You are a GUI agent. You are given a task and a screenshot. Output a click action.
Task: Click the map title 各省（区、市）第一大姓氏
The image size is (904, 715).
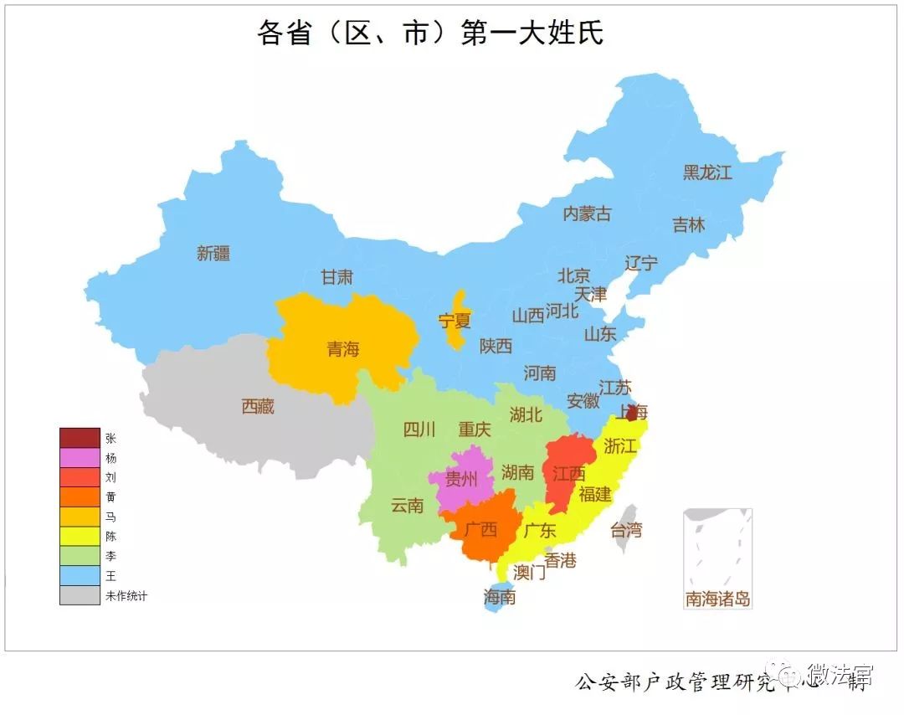[x=429, y=33]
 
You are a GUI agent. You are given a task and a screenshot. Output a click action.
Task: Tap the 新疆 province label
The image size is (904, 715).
[x=213, y=253]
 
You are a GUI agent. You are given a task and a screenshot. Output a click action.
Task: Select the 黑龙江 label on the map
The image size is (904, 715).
[x=707, y=172]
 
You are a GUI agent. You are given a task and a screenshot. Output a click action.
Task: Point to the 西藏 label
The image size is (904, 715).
[x=258, y=407]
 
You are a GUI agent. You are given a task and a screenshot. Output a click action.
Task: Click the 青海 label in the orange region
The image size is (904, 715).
[x=343, y=348]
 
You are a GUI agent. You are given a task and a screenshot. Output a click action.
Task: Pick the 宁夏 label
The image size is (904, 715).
[x=455, y=320]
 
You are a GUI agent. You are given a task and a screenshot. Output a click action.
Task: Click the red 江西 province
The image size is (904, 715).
[x=568, y=473]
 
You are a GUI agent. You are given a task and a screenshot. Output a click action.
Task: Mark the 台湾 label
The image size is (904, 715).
[x=625, y=529]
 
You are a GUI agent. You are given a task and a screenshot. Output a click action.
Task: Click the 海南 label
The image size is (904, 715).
[x=500, y=597]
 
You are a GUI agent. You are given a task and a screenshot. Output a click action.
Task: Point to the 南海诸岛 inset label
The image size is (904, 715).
[x=717, y=599]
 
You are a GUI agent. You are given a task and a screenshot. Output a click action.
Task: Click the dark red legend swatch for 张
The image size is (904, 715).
[x=80, y=438]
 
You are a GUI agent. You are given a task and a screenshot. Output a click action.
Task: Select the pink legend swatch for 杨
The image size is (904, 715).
[x=80, y=458]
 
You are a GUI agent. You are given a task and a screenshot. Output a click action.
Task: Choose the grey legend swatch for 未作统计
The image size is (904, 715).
[x=80, y=595]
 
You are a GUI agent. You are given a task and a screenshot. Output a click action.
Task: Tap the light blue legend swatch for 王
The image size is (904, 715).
[x=80, y=576]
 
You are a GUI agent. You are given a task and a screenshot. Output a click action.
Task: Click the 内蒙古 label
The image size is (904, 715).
[x=587, y=213]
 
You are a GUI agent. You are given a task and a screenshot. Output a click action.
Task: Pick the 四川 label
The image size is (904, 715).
[x=419, y=430]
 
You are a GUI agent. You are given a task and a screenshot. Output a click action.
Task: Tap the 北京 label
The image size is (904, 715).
[x=574, y=275]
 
